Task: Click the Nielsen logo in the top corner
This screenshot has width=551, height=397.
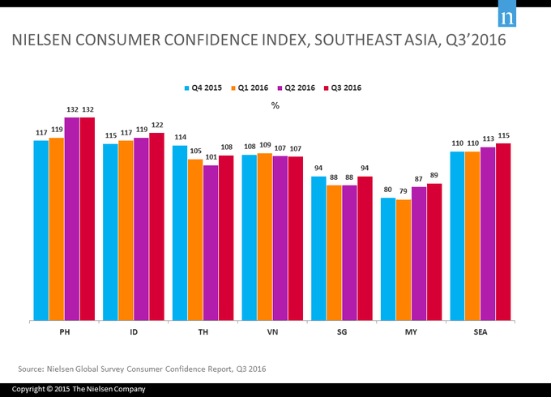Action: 508,17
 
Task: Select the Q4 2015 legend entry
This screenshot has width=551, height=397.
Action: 207,88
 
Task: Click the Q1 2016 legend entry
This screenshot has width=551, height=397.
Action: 252,88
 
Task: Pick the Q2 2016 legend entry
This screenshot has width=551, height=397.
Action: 297,88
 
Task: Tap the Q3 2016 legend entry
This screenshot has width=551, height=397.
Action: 344,88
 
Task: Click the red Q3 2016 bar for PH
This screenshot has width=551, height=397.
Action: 88,219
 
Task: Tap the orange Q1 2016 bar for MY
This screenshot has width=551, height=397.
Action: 404,260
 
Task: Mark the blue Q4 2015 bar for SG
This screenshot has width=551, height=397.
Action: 318,248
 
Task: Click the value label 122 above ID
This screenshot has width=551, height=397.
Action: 157,126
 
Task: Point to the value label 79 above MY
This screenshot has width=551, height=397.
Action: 404,193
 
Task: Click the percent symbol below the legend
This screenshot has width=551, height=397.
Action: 275,105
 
